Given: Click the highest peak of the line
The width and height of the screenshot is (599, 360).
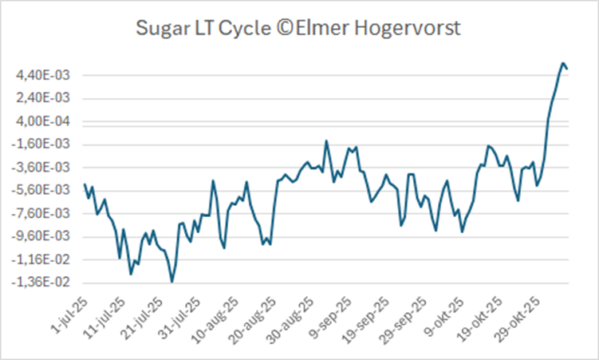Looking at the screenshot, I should tap(562, 63).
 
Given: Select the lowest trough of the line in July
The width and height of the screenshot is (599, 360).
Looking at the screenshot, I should tap(171, 281).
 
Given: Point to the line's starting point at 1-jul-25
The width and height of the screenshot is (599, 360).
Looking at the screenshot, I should tap(85, 184).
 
